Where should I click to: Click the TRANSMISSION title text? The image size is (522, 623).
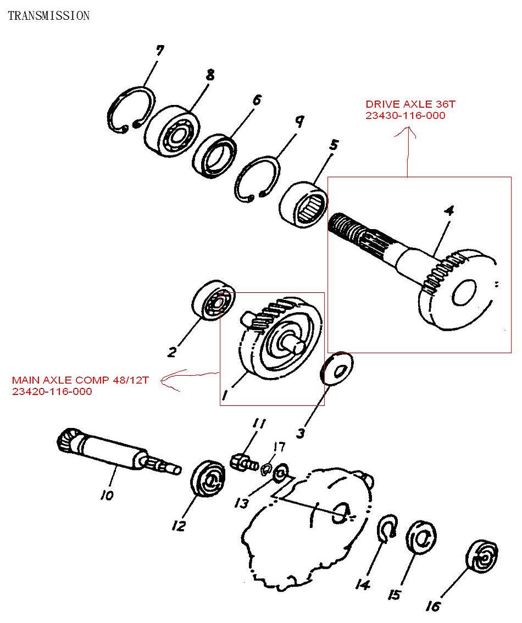coord(48,15)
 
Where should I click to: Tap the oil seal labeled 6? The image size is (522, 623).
coord(215,157)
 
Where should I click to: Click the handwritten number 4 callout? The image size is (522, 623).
coord(449,212)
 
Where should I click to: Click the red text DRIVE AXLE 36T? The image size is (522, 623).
coord(403,104)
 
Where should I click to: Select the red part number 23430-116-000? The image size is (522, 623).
coord(406,115)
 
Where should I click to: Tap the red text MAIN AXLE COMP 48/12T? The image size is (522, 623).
coord(80,380)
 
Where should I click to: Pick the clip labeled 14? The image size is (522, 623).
coord(388,527)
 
